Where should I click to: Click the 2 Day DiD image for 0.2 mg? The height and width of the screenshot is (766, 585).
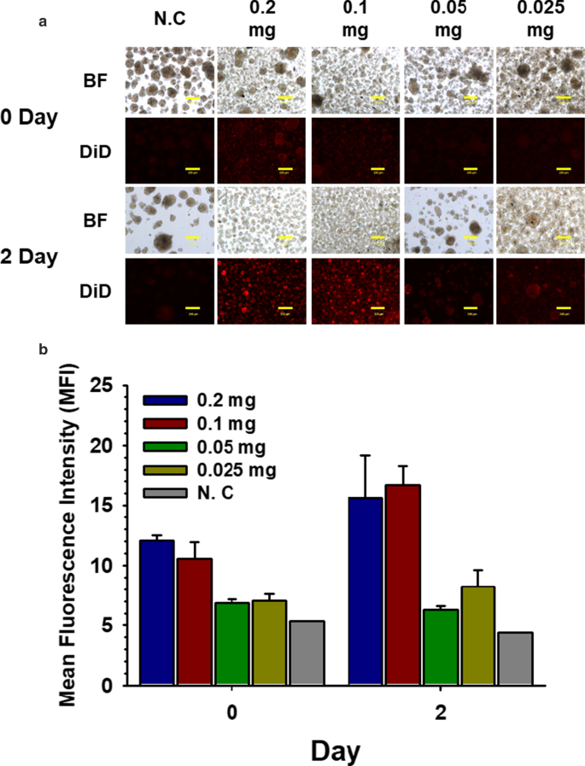coord(260,292)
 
